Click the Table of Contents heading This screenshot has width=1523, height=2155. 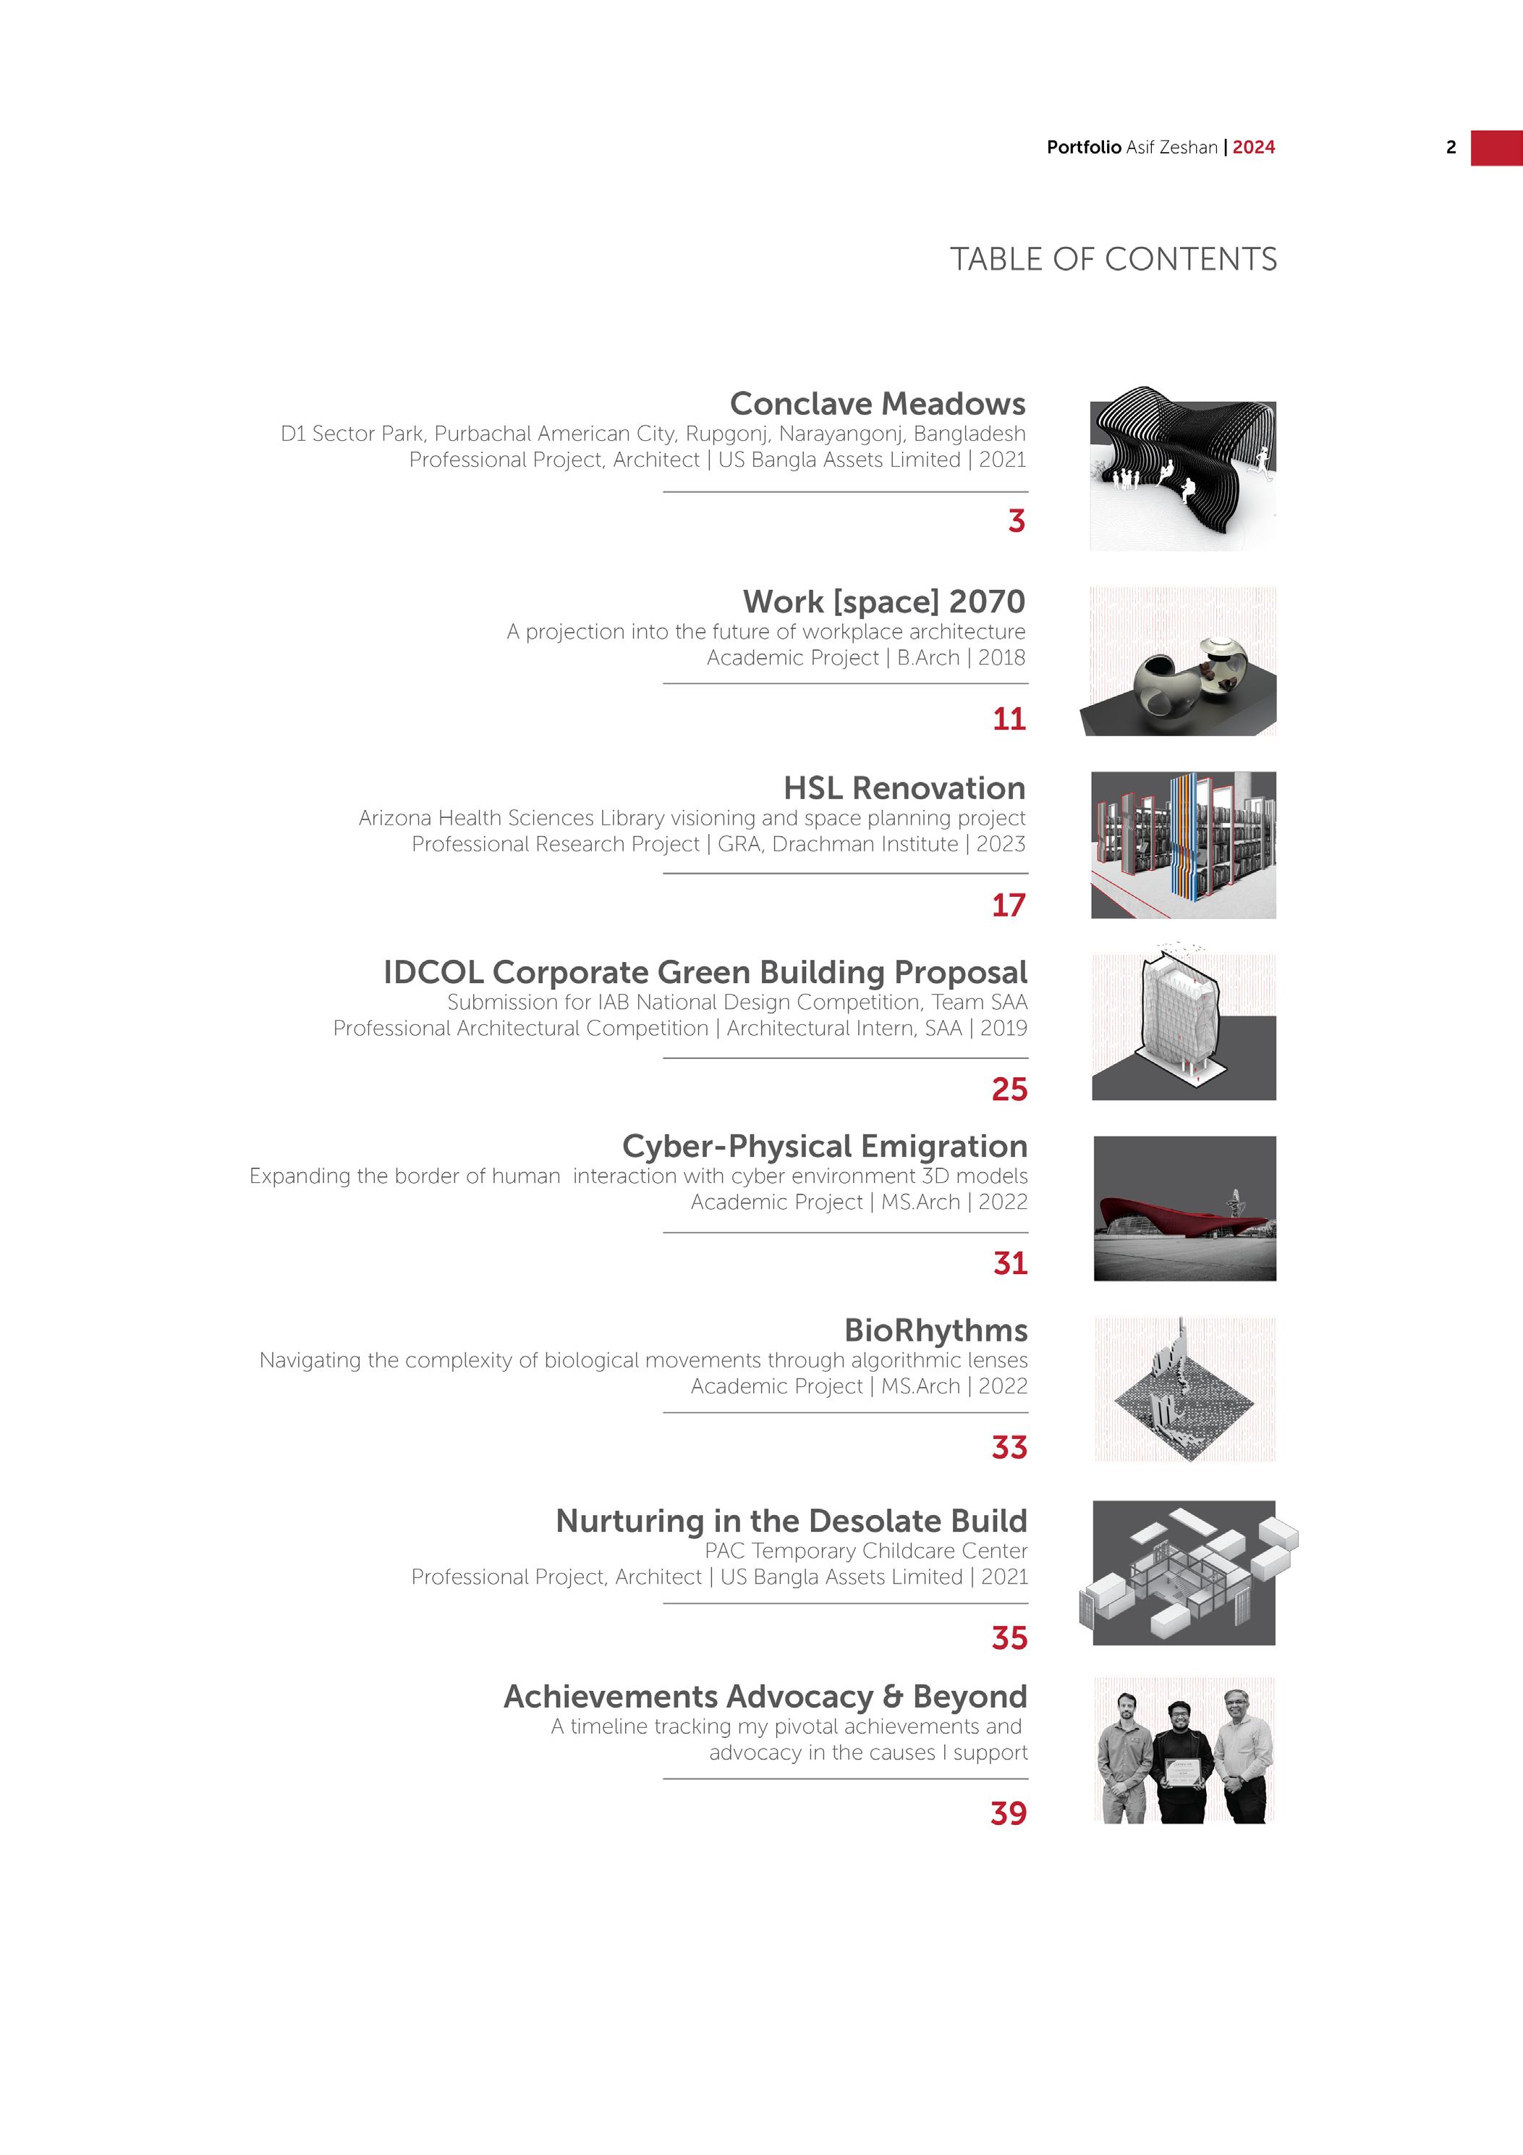[1113, 259]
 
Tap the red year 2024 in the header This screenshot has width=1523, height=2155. [1254, 148]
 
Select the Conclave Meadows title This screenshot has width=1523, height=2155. [878, 404]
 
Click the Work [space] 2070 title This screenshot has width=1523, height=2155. [884, 602]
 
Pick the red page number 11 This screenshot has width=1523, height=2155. [1009, 719]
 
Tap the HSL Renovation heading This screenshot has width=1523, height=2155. [904, 788]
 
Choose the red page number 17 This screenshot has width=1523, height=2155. [1009, 906]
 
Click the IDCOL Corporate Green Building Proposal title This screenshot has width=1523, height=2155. [705, 972]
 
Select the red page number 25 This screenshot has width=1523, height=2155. [1010, 1089]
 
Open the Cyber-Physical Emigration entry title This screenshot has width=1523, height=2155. [824, 1147]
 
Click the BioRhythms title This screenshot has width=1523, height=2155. [936, 1331]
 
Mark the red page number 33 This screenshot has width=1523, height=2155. [1010, 1447]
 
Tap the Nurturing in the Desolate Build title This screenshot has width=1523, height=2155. [791, 1522]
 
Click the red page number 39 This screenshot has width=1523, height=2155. [1009, 1813]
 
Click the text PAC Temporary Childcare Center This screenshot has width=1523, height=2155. [865, 1551]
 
